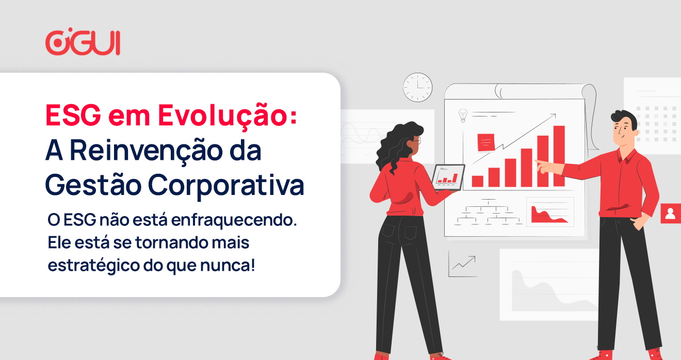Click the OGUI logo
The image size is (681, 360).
[x=83, y=42]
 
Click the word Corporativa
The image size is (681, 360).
[x=226, y=185]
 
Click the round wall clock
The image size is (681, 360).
[x=418, y=87]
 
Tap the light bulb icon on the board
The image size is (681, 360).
[x=463, y=116]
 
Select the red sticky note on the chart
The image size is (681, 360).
[x=486, y=142]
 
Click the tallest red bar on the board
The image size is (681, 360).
[x=559, y=156]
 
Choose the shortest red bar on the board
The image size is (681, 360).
[x=477, y=181]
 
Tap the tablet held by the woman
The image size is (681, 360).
[x=448, y=177]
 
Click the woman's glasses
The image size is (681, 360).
[x=417, y=140]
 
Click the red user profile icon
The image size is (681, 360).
[x=671, y=214]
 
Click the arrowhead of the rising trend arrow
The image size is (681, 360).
[x=554, y=116]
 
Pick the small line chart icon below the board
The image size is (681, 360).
[x=462, y=264]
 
